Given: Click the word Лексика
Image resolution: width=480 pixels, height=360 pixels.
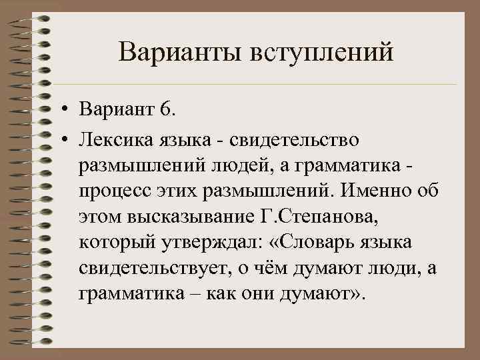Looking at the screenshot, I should click(116, 141).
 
